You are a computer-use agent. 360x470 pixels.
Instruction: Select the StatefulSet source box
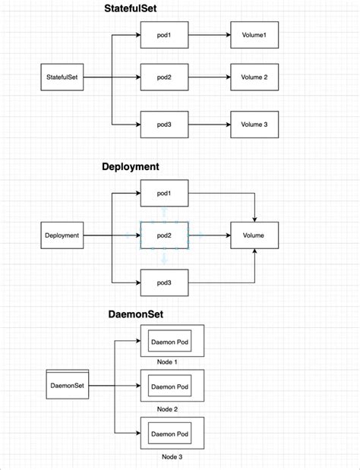tap(62, 77)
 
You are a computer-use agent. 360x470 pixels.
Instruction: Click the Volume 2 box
tap(254, 77)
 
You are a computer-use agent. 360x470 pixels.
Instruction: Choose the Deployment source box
tap(62, 235)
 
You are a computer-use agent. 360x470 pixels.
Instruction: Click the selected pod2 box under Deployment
tap(164, 235)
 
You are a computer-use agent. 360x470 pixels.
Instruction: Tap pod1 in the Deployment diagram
tap(163, 193)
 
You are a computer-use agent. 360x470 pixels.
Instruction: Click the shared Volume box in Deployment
tap(254, 235)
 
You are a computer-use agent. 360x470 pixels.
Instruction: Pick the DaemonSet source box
tap(67, 386)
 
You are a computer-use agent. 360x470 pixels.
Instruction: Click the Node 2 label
tap(167, 408)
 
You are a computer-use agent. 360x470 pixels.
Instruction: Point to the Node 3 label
tap(172, 457)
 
